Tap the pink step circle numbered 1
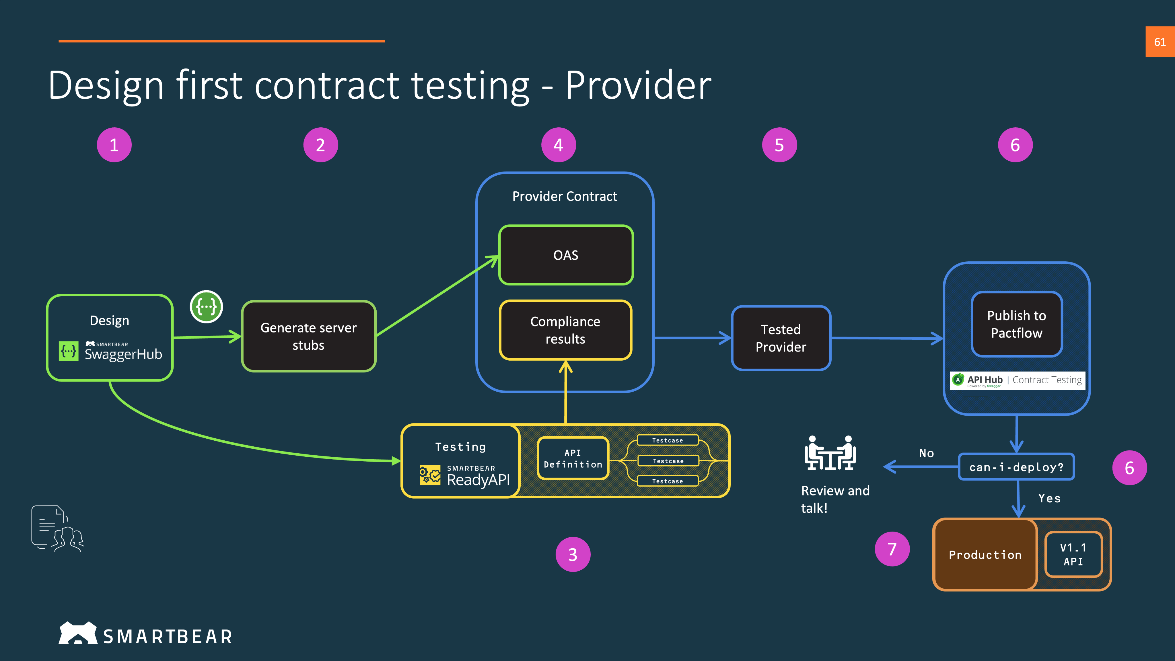114,145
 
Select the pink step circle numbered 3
573,554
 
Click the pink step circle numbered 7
892,549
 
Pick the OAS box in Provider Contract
566,255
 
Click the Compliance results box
566,330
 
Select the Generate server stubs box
309,336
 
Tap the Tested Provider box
781,338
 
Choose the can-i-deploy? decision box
1016,467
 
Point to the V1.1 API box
1073,554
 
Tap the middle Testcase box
668,461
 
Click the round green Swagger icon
206,307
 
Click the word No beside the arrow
926,453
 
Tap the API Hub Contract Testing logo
1017,380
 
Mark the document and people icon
57,528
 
